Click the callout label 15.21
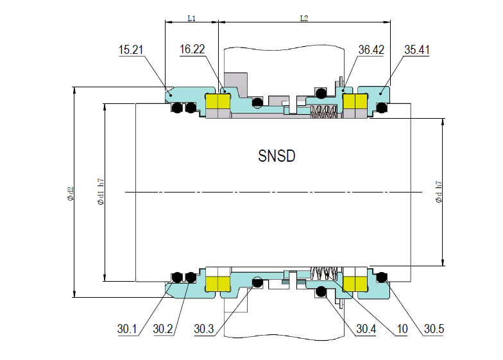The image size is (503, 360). click(x=132, y=49)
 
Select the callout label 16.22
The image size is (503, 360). click(x=193, y=49)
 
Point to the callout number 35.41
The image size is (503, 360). click(x=417, y=49)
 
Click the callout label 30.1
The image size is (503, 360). click(x=128, y=329)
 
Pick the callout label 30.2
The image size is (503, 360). click(x=164, y=329)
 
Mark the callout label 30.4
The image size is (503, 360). click(x=367, y=329)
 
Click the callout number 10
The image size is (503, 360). click(x=402, y=329)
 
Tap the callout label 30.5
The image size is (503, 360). click(x=434, y=329)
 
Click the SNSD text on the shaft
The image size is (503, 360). click(x=277, y=156)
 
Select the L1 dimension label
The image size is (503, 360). click(x=191, y=19)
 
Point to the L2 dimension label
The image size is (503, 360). click(x=304, y=19)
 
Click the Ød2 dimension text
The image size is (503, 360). click(x=70, y=193)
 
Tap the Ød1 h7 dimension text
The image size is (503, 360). click(x=100, y=193)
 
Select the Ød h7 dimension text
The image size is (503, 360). click(x=438, y=192)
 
